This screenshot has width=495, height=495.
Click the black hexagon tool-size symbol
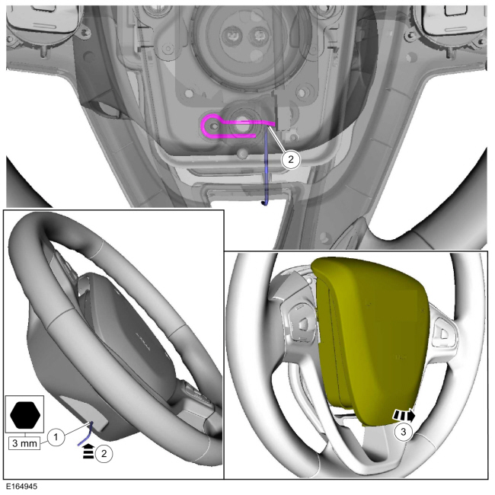click(25, 415)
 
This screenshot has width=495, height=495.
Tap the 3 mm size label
click(24, 443)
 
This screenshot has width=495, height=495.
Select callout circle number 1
click(56, 437)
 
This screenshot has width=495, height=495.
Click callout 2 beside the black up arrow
click(104, 454)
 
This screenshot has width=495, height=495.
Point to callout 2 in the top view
click(290, 159)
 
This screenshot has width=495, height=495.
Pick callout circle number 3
click(403, 432)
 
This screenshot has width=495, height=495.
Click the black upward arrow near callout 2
click(88, 452)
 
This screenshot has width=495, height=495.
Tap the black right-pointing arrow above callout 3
click(404, 415)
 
